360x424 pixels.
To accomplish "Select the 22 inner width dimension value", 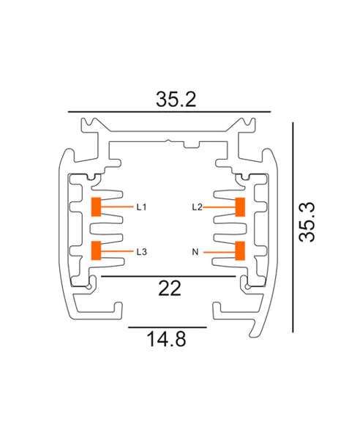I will pyautogui.click(x=169, y=289).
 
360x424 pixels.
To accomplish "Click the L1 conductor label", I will pyautogui.click(x=141, y=207).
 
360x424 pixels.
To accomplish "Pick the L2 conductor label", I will pyautogui.click(x=196, y=207).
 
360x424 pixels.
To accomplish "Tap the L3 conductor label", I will pyautogui.click(x=141, y=251).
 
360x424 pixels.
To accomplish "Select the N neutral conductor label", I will pyautogui.click(x=195, y=252).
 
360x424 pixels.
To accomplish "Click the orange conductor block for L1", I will pyautogui.click(x=95, y=207).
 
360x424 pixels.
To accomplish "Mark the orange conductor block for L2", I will pyautogui.click(x=239, y=207).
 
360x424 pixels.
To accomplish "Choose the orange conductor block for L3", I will pyautogui.click(x=95, y=250).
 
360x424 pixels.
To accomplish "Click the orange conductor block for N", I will pyautogui.click(x=239, y=251).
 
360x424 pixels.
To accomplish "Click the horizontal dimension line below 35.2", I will pyautogui.click(x=169, y=112).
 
